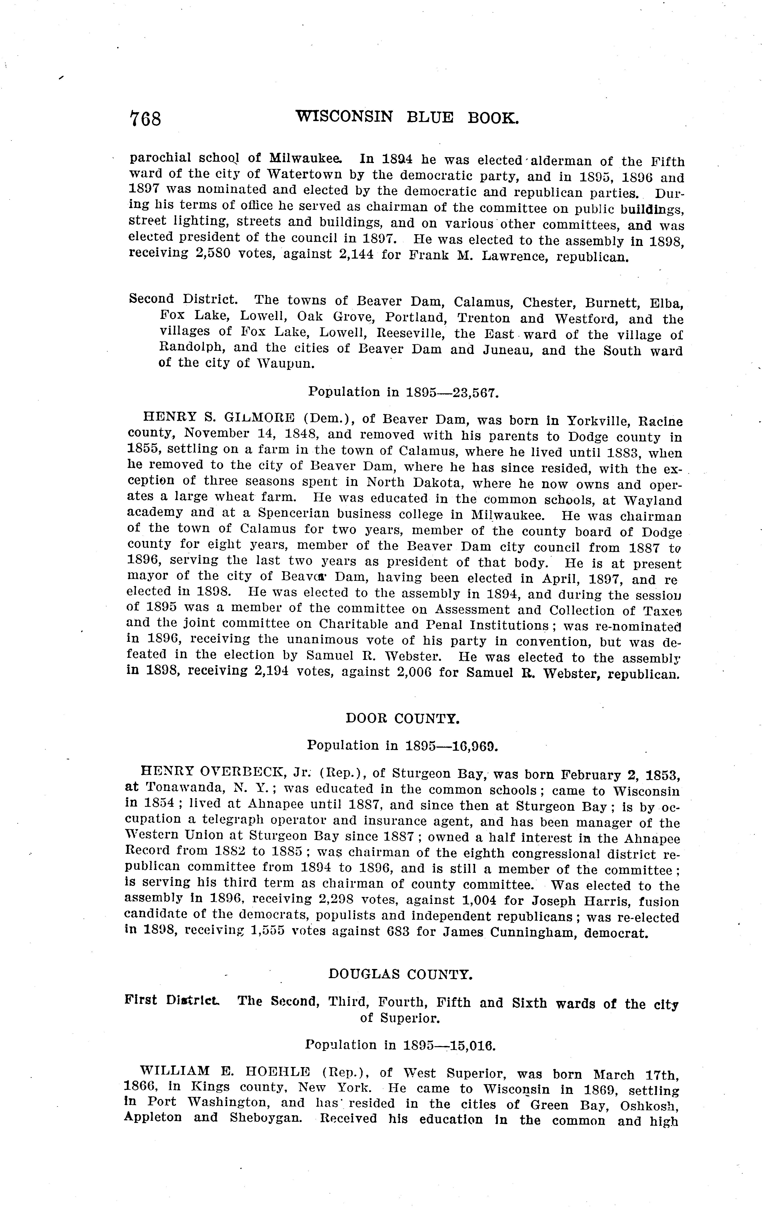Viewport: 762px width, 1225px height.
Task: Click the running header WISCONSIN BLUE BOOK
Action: click(x=407, y=118)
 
